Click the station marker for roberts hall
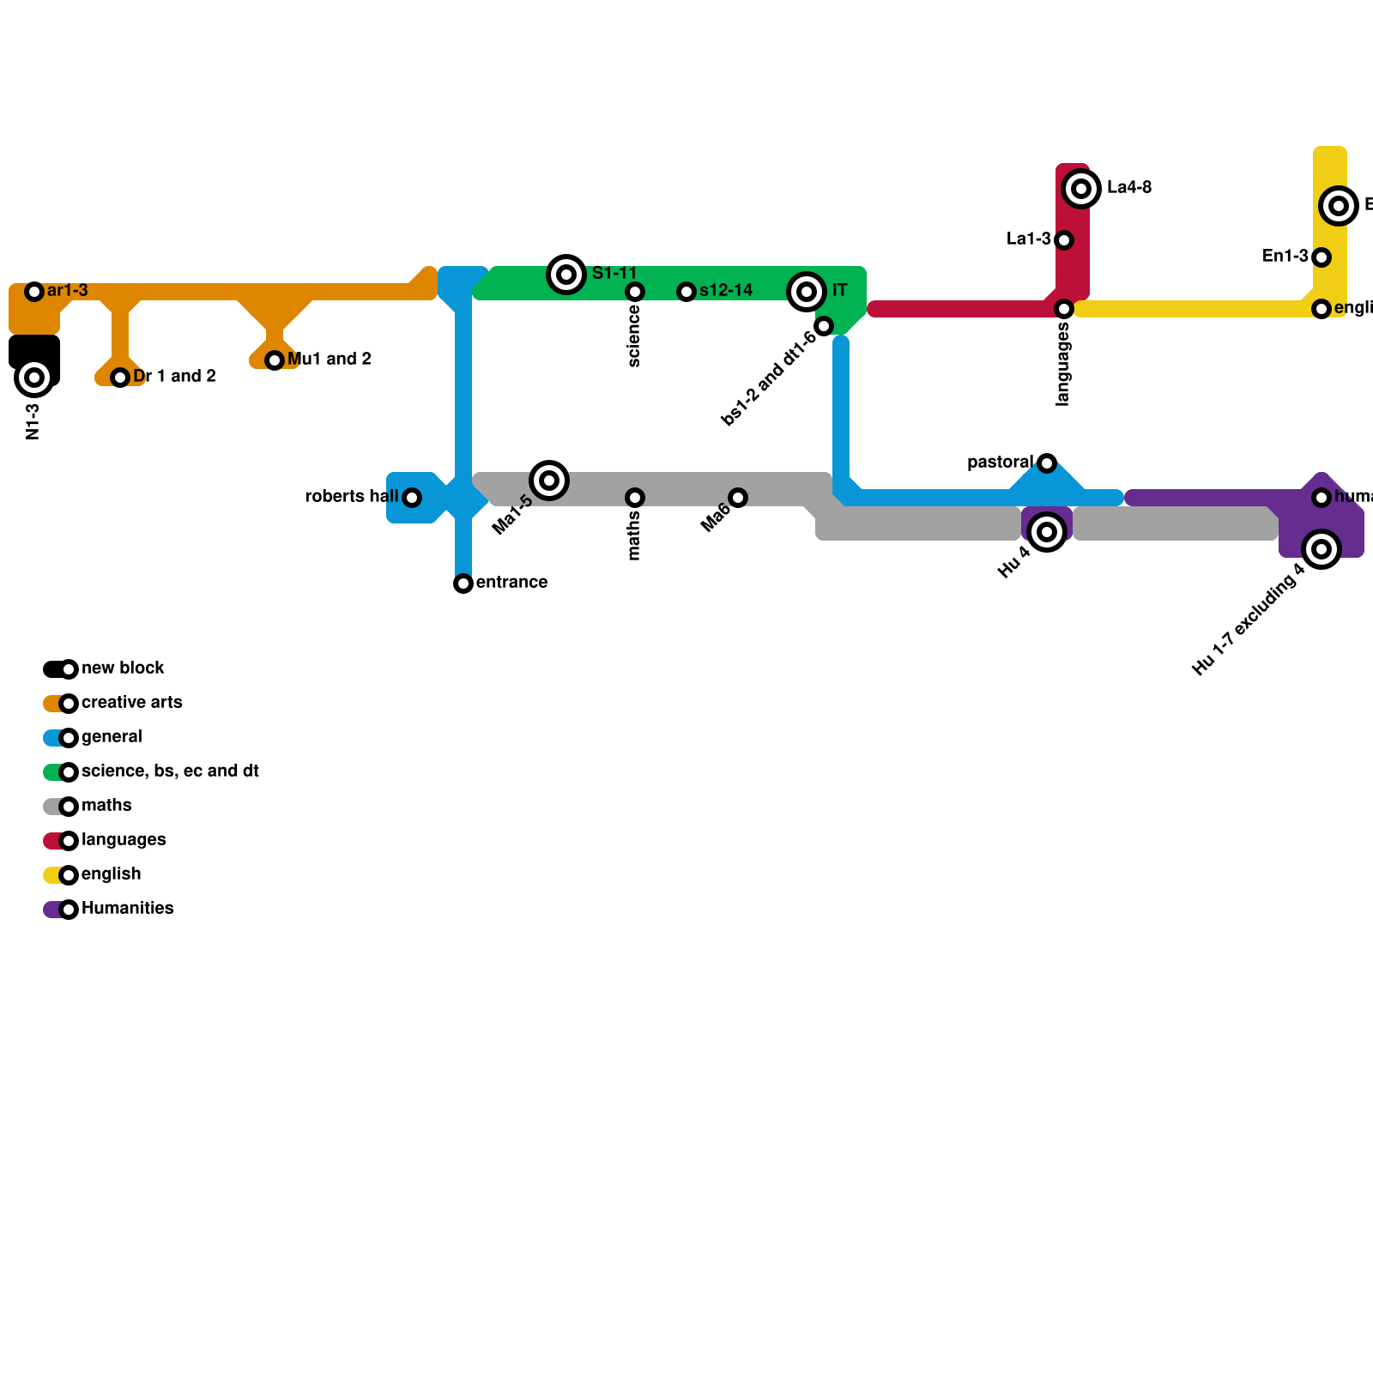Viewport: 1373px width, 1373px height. pos(412,498)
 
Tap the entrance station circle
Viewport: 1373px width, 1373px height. pos(463,584)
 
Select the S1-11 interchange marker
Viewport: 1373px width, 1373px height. pos(566,275)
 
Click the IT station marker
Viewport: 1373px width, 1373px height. pos(807,292)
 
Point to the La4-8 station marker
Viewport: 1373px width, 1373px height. pos(1081,189)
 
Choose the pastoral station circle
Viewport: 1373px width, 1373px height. pos(1047,463)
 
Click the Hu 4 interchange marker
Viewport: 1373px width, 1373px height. pos(1047,532)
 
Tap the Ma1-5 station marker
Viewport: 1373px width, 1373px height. pos(549,481)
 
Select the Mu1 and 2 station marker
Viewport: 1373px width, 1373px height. pos(275,360)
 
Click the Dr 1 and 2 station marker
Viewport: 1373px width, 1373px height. pos(120,378)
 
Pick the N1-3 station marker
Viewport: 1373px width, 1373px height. pos(34,378)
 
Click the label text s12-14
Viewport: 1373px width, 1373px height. pos(725,291)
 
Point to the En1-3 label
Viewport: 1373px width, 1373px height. pos(1285,257)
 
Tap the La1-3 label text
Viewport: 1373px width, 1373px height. pos(1028,239)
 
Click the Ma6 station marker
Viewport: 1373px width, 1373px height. pos(738,498)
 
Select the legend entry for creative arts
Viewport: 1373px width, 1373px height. pos(131,703)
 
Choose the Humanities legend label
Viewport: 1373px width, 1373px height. pos(127,909)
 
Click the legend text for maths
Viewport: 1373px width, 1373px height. pos(106,806)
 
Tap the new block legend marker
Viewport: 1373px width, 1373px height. pos(69,669)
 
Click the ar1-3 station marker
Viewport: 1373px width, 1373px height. pos(34,292)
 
